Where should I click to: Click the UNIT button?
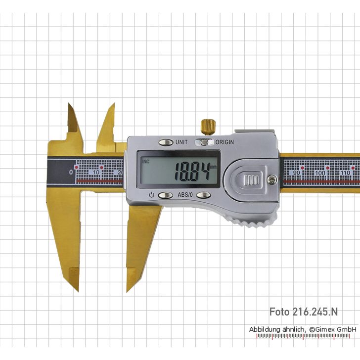pos(166,142)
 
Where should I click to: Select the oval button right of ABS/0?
pos(203,195)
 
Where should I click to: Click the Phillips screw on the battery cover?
pos(270,181)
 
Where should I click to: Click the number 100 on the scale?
pos(320,173)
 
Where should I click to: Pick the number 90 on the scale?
pos(297,173)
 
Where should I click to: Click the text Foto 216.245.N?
pos(304,312)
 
